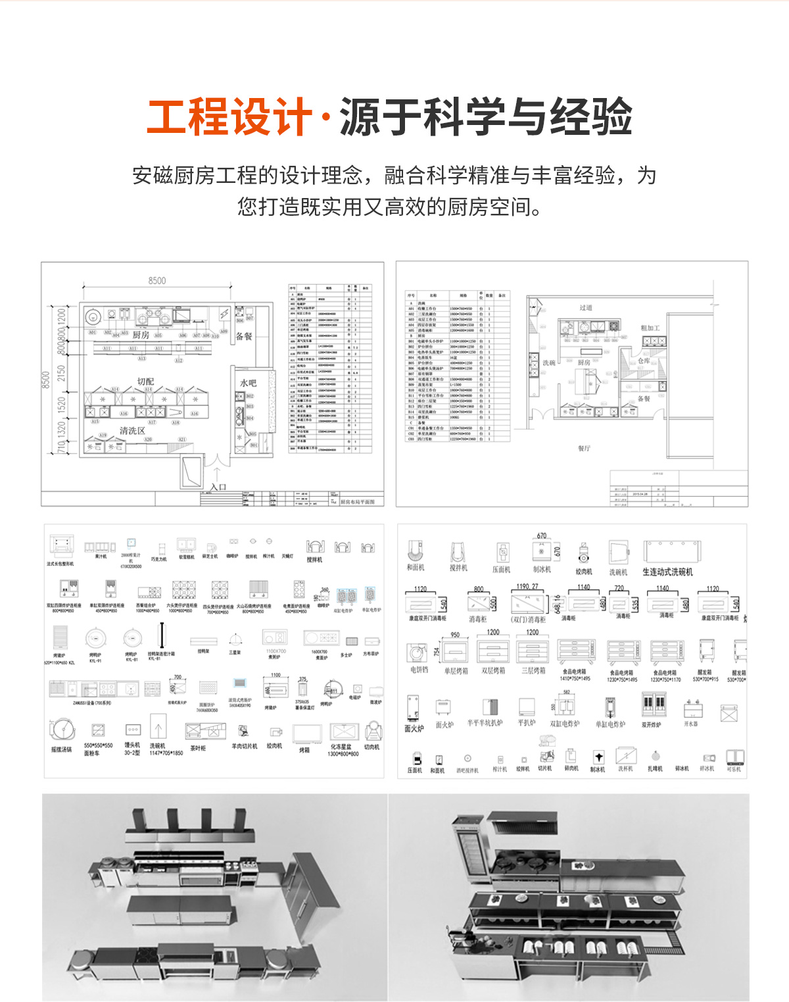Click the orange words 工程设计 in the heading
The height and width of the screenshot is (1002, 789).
[229, 117]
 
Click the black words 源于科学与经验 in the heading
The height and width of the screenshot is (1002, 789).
[486, 117]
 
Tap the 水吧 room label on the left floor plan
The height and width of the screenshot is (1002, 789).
[248, 383]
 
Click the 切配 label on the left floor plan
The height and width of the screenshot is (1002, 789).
[145, 381]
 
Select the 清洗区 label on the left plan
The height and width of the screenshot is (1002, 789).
[132, 430]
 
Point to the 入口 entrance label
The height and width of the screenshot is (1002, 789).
[218, 487]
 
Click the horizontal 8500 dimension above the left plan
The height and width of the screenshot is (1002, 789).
[157, 280]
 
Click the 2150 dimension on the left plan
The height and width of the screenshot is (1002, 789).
[62, 373]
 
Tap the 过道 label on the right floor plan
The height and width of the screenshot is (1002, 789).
[586, 307]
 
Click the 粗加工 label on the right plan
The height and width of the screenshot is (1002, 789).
[650, 328]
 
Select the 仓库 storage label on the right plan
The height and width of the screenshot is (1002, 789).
[644, 361]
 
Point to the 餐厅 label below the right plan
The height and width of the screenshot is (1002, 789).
[584, 448]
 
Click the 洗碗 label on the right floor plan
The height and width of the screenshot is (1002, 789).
[548, 363]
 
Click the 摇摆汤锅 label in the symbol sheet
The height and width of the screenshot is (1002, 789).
[61, 749]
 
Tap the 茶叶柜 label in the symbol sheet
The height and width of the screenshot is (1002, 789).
[198, 748]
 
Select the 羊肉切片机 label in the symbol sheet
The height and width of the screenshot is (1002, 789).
[244, 746]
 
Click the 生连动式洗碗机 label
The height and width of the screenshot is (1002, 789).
[667, 572]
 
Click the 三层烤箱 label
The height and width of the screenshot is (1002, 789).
[533, 670]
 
